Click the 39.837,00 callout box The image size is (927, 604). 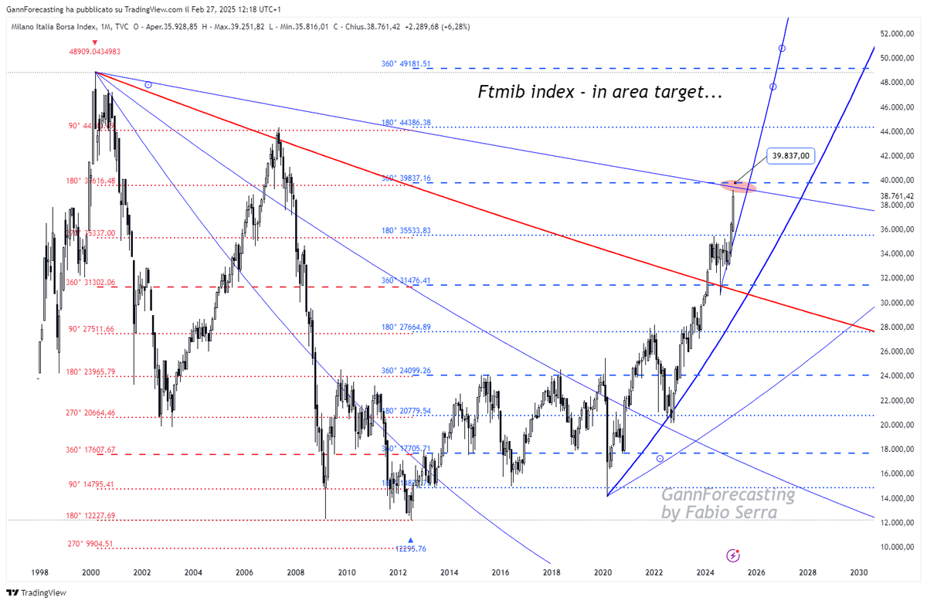click(794, 155)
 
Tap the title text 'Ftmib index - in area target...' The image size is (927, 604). click(598, 94)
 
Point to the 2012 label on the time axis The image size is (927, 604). click(398, 572)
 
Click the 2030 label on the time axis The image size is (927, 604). click(857, 572)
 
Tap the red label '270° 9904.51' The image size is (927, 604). click(90, 544)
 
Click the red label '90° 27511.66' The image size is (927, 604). click(90, 329)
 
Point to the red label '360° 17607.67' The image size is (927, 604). click(90, 450)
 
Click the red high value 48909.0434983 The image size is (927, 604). click(95, 52)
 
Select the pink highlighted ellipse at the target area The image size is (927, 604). click(737, 185)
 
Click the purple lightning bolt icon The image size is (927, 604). click(733, 555)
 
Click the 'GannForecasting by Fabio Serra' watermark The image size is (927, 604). click(728, 504)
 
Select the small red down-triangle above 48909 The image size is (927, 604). click(94, 42)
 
